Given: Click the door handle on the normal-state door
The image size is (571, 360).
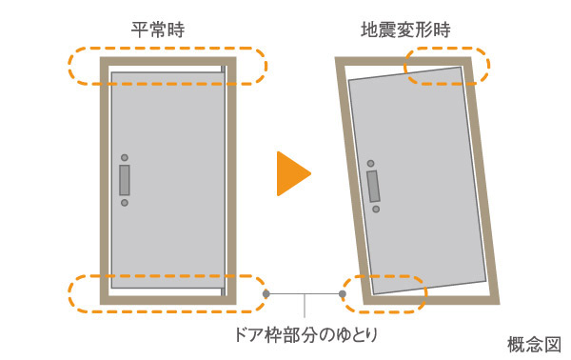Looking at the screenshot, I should coord(125,180).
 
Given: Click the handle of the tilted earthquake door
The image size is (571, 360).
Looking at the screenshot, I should coord(373,185).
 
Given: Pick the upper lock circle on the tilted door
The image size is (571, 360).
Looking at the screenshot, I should coord(370,163).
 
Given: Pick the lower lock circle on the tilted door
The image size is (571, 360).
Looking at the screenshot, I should coord(377,208).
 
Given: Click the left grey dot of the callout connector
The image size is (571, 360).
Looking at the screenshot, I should coord(266,294).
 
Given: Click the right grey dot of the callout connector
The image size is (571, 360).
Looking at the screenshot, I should coord(343,294).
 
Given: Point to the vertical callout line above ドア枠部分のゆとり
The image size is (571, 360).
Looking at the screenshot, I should coord(305,308).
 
